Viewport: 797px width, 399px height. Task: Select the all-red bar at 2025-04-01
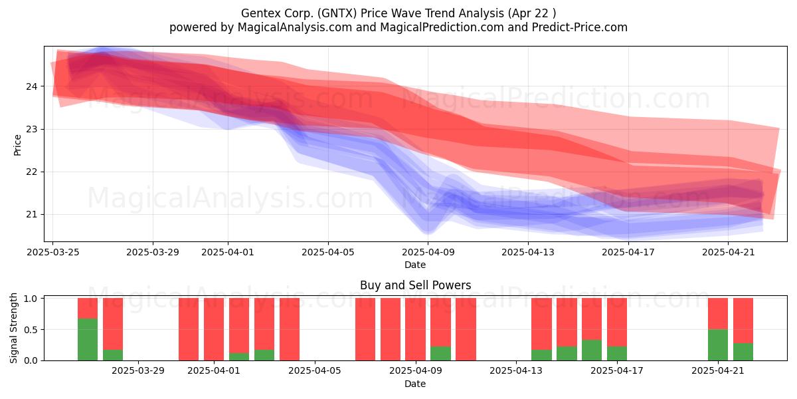pyautogui.click(x=214, y=329)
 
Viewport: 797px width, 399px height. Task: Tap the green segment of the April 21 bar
pyautogui.click(x=718, y=345)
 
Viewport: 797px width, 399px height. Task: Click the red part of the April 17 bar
pyautogui.click(x=617, y=323)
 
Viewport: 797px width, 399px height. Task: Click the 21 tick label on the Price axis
pyautogui.click(x=31, y=214)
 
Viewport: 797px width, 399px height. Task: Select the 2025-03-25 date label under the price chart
pyautogui.click(x=53, y=252)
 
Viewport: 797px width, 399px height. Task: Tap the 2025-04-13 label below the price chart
pyautogui.click(x=528, y=252)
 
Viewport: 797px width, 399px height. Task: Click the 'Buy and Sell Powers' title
pyautogui.click(x=416, y=285)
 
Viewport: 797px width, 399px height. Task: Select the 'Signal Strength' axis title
pyautogui.click(x=13, y=328)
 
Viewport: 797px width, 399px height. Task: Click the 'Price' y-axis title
pyautogui.click(x=17, y=146)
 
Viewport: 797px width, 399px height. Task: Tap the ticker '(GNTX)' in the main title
pyautogui.click(x=337, y=13)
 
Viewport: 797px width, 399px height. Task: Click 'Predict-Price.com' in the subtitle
pyautogui.click(x=580, y=27)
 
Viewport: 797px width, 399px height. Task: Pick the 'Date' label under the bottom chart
pyautogui.click(x=415, y=384)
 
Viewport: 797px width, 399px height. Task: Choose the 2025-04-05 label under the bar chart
pyautogui.click(x=315, y=371)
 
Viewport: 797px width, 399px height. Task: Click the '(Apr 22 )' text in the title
pyautogui.click(x=531, y=13)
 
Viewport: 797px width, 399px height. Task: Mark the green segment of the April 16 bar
pyautogui.click(x=592, y=350)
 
